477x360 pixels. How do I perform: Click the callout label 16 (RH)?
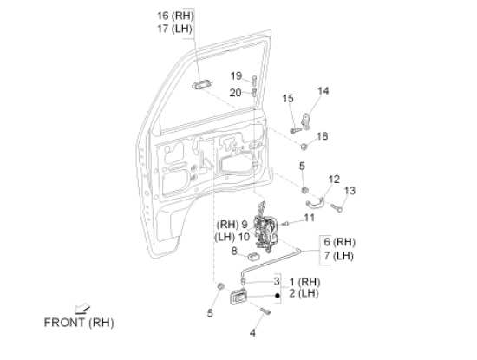[175, 16]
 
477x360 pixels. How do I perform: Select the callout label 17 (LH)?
[174, 29]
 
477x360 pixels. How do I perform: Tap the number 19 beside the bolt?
[237, 75]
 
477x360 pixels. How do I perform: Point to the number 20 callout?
[235, 93]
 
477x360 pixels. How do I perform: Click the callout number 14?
[323, 91]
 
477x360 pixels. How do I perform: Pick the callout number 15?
[288, 98]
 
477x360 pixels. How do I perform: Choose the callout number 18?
[322, 136]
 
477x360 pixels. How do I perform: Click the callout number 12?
[334, 180]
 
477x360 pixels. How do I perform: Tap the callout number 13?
[350, 191]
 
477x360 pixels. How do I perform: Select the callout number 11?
[309, 218]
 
